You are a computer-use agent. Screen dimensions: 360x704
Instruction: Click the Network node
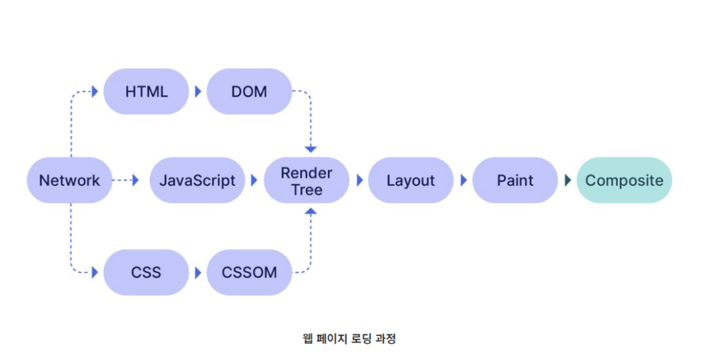(x=69, y=181)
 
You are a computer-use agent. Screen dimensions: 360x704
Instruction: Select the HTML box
(x=146, y=92)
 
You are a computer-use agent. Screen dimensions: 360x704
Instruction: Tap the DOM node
(x=249, y=92)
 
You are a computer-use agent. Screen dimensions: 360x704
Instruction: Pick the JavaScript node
(x=197, y=181)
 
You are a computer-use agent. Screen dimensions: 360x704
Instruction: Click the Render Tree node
(x=306, y=181)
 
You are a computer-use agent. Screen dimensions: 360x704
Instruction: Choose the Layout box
(x=410, y=181)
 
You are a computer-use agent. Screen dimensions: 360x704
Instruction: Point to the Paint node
(x=515, y=181)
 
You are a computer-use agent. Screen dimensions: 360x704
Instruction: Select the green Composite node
(x=624, y=181)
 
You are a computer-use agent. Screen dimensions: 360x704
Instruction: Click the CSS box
(x=146, y=273)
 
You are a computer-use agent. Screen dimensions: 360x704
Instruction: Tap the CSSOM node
(x=249, y=273)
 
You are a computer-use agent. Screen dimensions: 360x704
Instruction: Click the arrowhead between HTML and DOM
(x=198, y=92)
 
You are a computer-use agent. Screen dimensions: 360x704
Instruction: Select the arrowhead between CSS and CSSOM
(x=198, y=273)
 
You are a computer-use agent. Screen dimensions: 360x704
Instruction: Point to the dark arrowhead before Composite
(x=568, y=181)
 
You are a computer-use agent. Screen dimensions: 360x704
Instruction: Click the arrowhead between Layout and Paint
(x=464, y=181)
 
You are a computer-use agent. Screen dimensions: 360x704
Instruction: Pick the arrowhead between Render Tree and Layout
(x=360, y=181)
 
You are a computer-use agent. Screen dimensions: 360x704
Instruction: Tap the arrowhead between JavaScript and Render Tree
(x=254, y=181)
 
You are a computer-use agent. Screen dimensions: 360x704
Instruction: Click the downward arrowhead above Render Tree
(x=310, y=149)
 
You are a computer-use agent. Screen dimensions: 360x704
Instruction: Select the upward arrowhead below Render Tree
(x=310, y=211)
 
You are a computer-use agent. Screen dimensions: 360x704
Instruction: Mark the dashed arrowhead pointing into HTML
(x=95, y=92)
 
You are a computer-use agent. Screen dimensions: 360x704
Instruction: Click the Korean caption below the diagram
(x=349, y=338)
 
